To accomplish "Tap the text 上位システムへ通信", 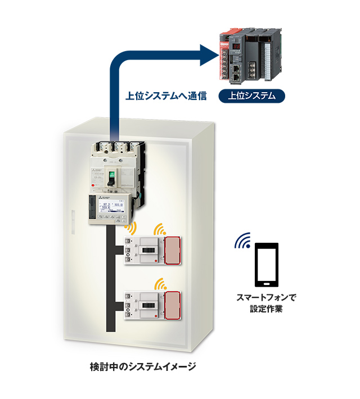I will (x=166, y=96).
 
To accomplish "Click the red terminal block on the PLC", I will (x=224, y=56).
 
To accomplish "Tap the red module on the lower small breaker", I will (x=173, y=305).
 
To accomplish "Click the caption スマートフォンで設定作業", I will (x=266, y=303).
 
